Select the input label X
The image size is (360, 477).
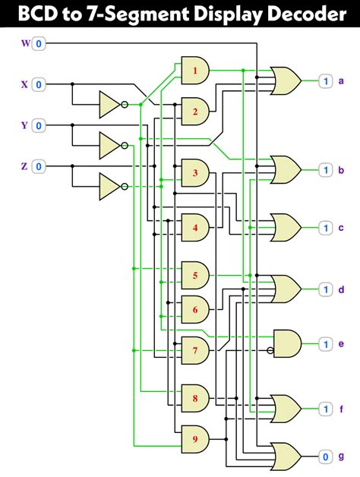pos(24,84)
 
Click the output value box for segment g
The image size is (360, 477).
pos(325,456)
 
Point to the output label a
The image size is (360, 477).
pos(341,81)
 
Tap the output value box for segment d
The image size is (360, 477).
pos(325,289)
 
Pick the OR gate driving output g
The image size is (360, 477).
pos(286,456)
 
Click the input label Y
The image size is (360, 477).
pos(24,125)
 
